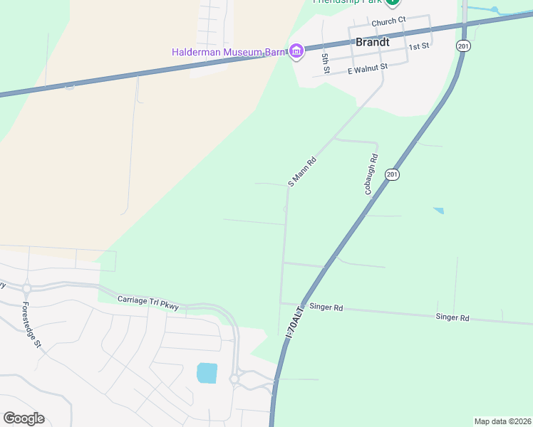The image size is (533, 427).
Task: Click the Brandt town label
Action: coord(372,42)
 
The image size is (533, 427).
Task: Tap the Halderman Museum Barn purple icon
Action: coord(296,51)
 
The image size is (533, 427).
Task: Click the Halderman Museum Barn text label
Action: coord(227,51)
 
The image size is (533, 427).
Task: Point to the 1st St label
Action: coord(419,46)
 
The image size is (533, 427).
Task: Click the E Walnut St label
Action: coord(367,68)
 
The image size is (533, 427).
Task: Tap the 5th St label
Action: coord(326,63)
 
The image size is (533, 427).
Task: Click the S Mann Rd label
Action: coord(301,172)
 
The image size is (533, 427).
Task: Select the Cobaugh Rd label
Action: coord(371,174)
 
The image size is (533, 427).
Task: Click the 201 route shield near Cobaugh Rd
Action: coord(391,174)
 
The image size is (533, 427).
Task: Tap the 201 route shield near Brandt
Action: coord(463,46)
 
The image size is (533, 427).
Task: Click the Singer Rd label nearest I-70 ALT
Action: coord(329,308)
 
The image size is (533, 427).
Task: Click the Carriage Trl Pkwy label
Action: coord(148,302)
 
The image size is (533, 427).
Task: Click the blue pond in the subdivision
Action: coord(207,372)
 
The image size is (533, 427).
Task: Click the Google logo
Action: coord(24,418)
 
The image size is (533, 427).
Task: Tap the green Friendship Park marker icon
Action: coord(391,1)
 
